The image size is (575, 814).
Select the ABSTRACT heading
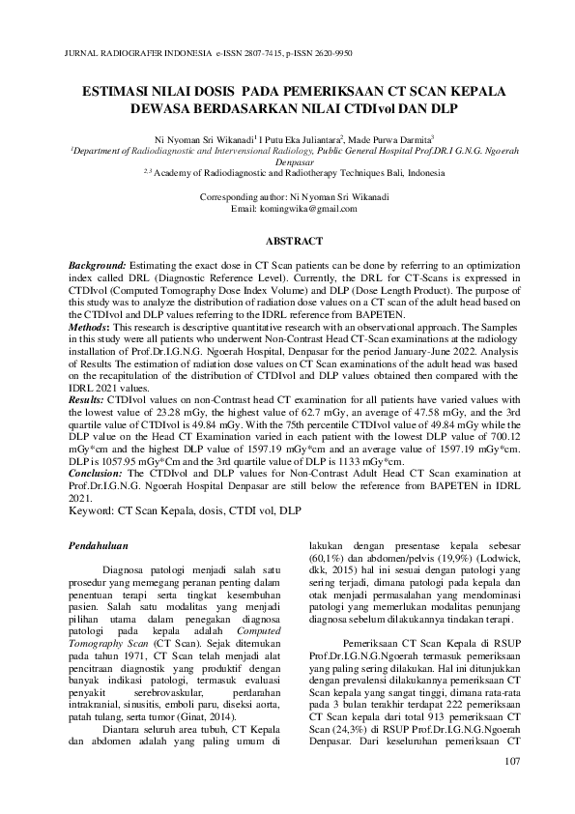[x=286, y=238]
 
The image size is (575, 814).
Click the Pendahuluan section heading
[x=103, y=547]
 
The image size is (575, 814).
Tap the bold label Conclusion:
[x=96, y=474]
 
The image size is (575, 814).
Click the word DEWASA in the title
[x=161, y=109]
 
